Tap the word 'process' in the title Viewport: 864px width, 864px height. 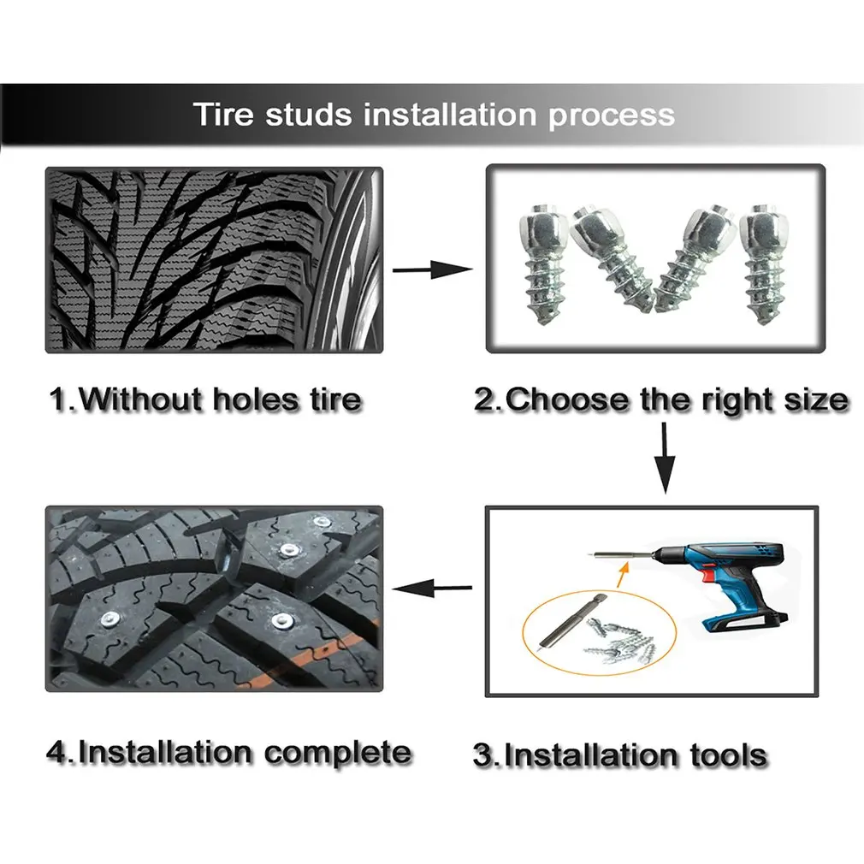click(x=611, y=115)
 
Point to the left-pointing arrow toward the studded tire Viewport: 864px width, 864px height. click(x=432, y=588)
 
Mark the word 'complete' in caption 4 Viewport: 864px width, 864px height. click(x=337, y=753)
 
